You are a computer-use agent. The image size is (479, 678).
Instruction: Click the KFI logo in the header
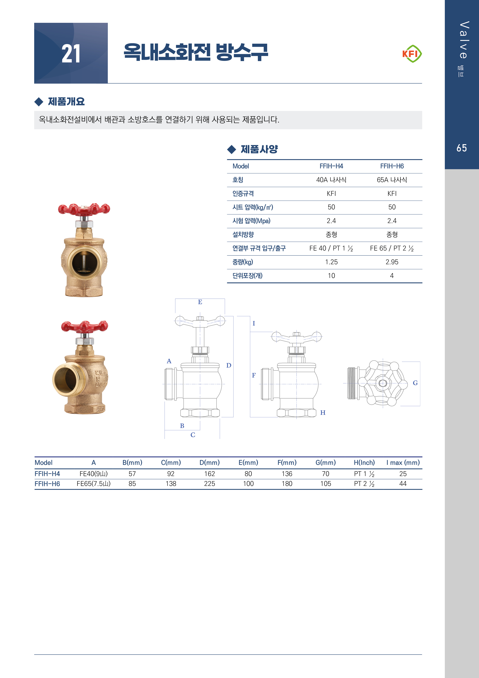(412, 54)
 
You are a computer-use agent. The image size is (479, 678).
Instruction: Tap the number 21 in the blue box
(71, 54)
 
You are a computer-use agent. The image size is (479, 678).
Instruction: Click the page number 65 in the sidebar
(462, 148)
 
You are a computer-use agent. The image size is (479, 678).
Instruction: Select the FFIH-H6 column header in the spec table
(392, 166)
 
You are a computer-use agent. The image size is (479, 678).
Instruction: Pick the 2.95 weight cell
(392, 262)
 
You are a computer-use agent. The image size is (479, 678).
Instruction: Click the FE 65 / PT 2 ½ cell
(392, 248)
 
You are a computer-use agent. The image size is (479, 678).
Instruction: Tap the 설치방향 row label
(243, 234)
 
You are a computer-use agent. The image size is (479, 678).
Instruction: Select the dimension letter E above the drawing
(200, 302)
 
